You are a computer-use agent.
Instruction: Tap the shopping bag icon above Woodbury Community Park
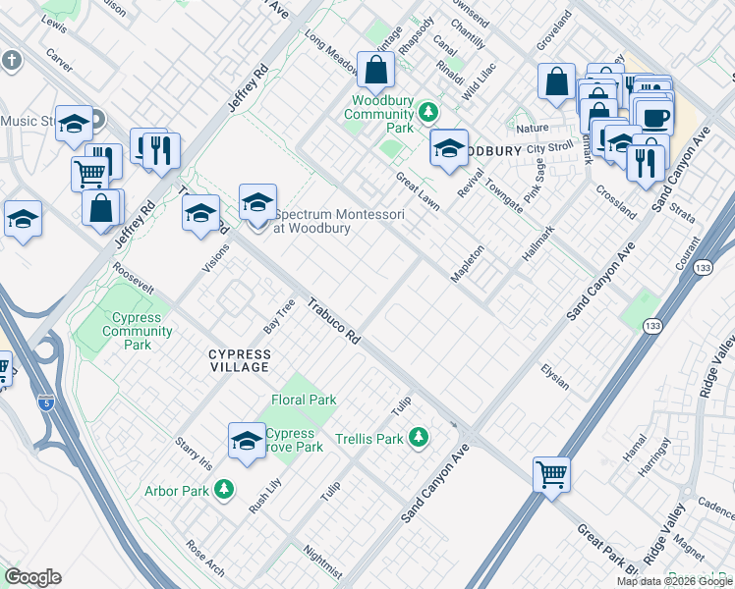tap(375, 71)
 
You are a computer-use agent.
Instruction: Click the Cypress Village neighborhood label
tap(239, 360)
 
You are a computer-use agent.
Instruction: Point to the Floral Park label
tap(304, 400)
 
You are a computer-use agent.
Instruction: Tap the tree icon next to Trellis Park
tap(420, 436)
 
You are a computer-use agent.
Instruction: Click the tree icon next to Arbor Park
tap(225, 488)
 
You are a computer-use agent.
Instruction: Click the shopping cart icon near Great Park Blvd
tap(551, 475)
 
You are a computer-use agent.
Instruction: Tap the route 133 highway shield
tap(651, 325)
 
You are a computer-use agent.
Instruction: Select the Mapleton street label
tap(468, 264)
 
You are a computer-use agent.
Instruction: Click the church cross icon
tap(12, 61)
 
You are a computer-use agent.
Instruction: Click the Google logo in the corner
tap(32, 577)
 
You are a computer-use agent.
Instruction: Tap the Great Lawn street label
tap(417, 190)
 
